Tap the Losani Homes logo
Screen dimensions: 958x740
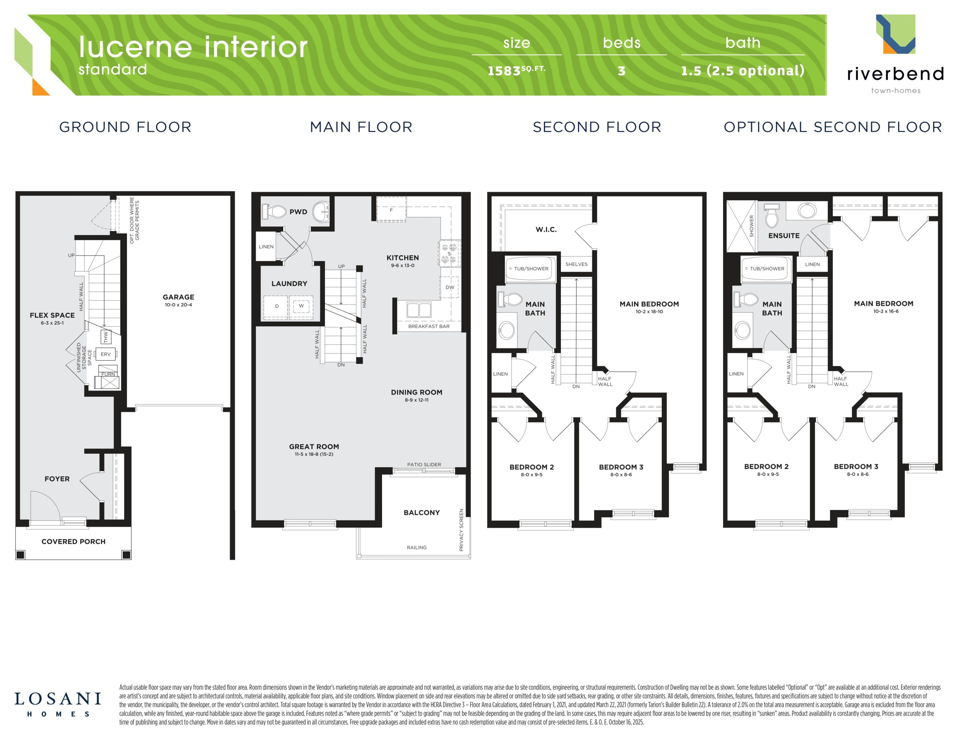(58, 704)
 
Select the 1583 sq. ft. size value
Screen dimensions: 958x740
(517, 70)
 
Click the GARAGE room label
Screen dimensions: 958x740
(178, 297)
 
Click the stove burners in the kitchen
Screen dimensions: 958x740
(449, 254)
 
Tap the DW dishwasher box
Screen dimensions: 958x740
(449, 287)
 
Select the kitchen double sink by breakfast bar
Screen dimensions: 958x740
(419, 310)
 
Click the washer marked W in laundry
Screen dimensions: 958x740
(301, 306)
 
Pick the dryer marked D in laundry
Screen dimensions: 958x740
(276, 306)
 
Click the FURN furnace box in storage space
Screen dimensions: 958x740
(108, 377)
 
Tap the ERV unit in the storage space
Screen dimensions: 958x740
(106, 354)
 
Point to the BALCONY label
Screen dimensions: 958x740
(421, 512)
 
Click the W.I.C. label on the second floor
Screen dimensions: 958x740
(546, 229)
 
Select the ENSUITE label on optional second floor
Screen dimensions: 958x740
(784, 236)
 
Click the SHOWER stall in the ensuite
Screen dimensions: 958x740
(742, 226)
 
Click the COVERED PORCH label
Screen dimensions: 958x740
(74, 541)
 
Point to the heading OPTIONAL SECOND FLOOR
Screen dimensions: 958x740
(833, 127)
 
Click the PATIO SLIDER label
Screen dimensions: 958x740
(424, 465)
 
